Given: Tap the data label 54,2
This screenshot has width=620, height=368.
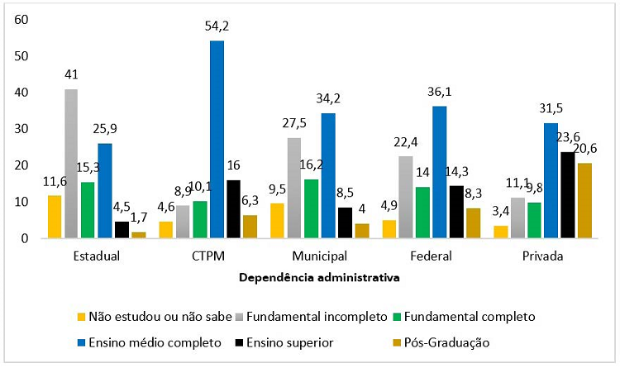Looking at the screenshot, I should tap(217, 26).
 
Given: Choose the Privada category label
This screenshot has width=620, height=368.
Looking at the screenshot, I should tap(542, 256).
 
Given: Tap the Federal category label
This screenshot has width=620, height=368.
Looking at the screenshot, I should tap(432, 256).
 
